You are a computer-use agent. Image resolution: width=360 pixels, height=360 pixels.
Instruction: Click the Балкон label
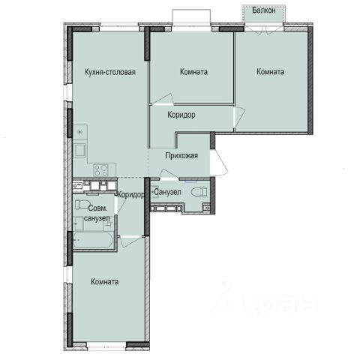(x=264, y=10)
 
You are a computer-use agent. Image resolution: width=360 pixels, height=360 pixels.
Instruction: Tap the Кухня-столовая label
(x=110, y=72)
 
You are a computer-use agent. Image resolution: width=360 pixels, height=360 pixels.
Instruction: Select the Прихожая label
(x=181, y=155)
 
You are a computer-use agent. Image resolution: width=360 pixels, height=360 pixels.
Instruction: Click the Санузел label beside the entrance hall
(x=167, y=192)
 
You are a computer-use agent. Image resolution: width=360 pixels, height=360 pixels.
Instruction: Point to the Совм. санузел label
(x=97, y=213)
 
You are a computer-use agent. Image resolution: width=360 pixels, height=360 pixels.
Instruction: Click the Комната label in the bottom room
(x=105, y=282)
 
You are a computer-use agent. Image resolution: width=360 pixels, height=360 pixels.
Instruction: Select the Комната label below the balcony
(x=271, y=72)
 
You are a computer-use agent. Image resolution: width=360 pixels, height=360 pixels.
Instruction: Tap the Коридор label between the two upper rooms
(x=181, y=115)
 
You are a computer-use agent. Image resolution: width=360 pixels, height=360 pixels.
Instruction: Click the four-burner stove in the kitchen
(x=101, y=170)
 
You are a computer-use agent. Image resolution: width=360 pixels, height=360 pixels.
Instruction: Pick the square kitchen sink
(x=80, y=150)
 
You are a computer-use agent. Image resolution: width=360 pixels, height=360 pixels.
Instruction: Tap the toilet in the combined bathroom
(x=80, y=204)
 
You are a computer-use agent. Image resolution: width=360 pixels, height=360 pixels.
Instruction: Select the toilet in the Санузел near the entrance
(x=199, y=192)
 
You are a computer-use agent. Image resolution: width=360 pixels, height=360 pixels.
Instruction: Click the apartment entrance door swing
(x=219, y=163)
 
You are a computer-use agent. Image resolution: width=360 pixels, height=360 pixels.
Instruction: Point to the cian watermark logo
(x=265, y=298)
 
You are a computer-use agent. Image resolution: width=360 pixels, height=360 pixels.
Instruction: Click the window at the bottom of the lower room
(x=106, y=347)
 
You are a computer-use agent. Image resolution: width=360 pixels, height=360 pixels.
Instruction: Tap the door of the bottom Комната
(x=131, y=241)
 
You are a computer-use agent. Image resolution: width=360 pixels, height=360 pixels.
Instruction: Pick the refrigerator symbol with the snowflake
(x=80, y=132)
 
